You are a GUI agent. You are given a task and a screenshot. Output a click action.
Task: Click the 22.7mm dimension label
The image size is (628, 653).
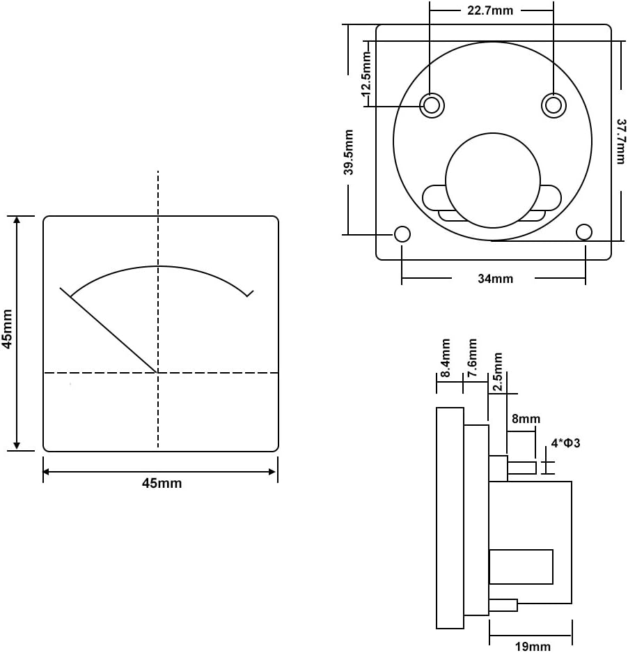click(x=492, y=10)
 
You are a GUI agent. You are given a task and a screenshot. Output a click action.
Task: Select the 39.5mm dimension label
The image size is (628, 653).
click(x=350, y=152)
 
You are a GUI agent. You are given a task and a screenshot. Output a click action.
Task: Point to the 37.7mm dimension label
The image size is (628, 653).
click(x=620, y=140)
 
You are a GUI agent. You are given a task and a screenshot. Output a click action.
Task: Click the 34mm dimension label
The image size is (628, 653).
click(x=495, y=279)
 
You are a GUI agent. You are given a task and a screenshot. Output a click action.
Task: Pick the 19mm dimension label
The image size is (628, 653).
click(x=533, y=646)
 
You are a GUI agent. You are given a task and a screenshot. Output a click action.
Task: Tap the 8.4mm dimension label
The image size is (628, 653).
click(x=446, y=358)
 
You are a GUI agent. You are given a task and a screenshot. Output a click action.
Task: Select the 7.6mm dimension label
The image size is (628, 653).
click(x=472, y=358)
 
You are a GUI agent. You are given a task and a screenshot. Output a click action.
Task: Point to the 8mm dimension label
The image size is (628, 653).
click(x=526, y=419)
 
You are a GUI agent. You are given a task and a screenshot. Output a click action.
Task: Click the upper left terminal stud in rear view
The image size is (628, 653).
click(x=432, y=105)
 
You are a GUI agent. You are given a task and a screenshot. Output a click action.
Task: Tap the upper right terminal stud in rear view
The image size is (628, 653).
click(x=554, y=105)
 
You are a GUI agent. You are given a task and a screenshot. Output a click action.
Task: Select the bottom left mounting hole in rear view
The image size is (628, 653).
click(x=402, y=234)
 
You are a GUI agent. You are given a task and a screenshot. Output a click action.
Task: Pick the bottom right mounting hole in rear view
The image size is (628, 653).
click(x=585, y=231)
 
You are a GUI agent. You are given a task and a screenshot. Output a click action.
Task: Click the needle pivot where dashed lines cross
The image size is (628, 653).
click(x=158, y=373)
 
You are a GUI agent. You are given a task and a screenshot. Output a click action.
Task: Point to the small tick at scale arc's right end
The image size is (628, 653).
click(x=249, y=293)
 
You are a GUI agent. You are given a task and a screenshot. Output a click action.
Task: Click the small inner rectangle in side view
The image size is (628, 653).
click(x=521, y=567)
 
